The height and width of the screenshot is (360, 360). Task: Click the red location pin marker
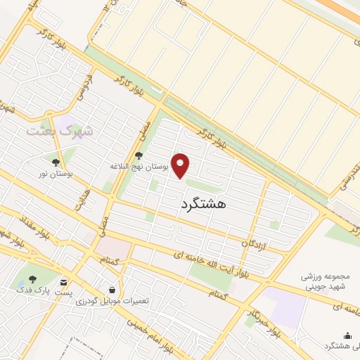click(x=181, y=166)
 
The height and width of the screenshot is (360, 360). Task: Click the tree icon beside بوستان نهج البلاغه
click(x=139, y=156)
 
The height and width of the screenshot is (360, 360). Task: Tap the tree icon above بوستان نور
click(x=56, y=162)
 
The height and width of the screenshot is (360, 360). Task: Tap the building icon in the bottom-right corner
click(x=346, y=336)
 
